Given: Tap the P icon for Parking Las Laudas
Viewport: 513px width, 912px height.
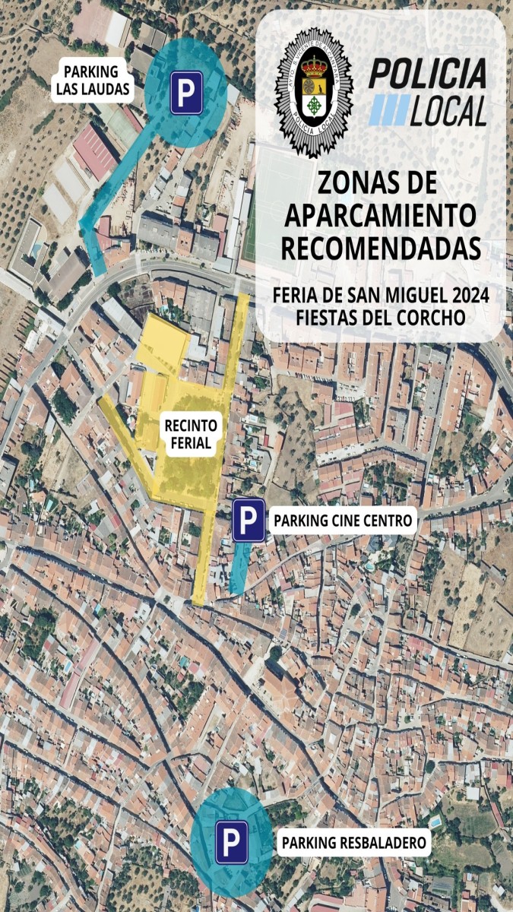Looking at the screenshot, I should (x=186, y=93).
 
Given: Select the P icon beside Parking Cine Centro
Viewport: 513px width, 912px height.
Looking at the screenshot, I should (x=249, y=521).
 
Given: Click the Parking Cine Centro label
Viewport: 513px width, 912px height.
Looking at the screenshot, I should (x=344, y=521).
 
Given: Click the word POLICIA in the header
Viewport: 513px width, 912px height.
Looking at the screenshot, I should (x=428, y=74).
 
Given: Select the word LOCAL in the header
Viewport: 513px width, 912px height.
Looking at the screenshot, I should (x=448, y=112).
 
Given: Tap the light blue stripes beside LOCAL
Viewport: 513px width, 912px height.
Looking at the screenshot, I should (x=388, y=112).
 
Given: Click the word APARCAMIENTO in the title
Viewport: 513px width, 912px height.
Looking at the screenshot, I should (x=380, y=215).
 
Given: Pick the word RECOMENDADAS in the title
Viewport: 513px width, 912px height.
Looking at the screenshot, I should (x=380, y=249).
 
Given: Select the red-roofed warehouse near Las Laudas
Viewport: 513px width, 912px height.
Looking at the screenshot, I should (x=93, y=152).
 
